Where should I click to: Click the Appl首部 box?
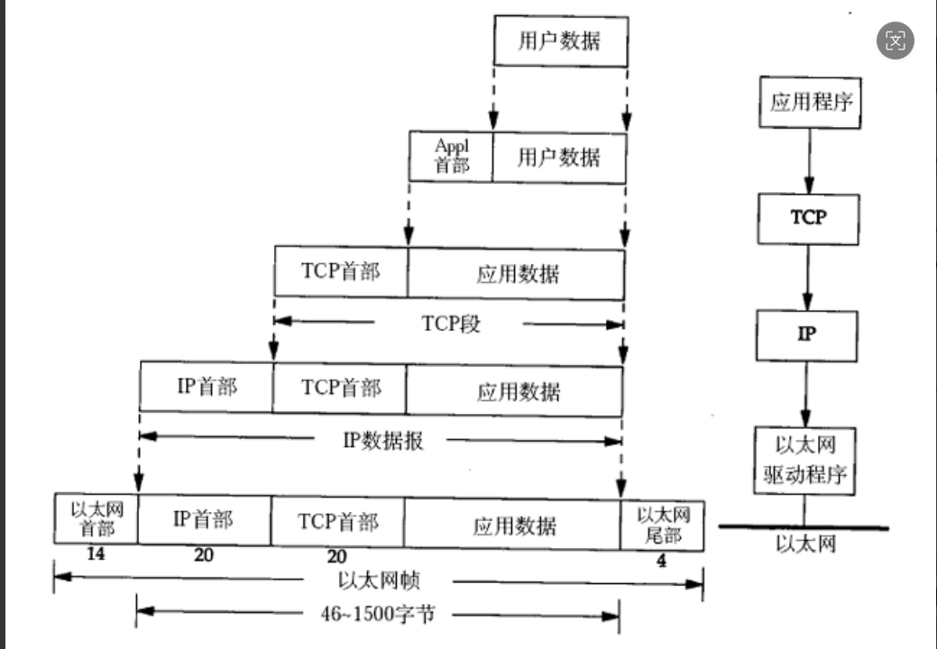(452, 157)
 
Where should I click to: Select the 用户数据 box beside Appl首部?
(558, 157)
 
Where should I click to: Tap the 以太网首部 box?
(96, 519)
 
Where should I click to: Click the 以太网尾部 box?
(663, 526)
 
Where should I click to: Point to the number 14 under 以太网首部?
(96, 554)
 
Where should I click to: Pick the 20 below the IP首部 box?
(204, 555)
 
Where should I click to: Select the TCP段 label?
(451, 323)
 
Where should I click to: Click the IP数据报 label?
(383, 441)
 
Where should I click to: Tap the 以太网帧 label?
(380, 580)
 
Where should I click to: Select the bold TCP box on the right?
(808, 217)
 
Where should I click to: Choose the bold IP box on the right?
(807, 334)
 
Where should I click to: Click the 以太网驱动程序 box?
(805, 460)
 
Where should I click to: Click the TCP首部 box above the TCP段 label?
(341, 272)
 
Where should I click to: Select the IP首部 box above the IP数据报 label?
(206, 388)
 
